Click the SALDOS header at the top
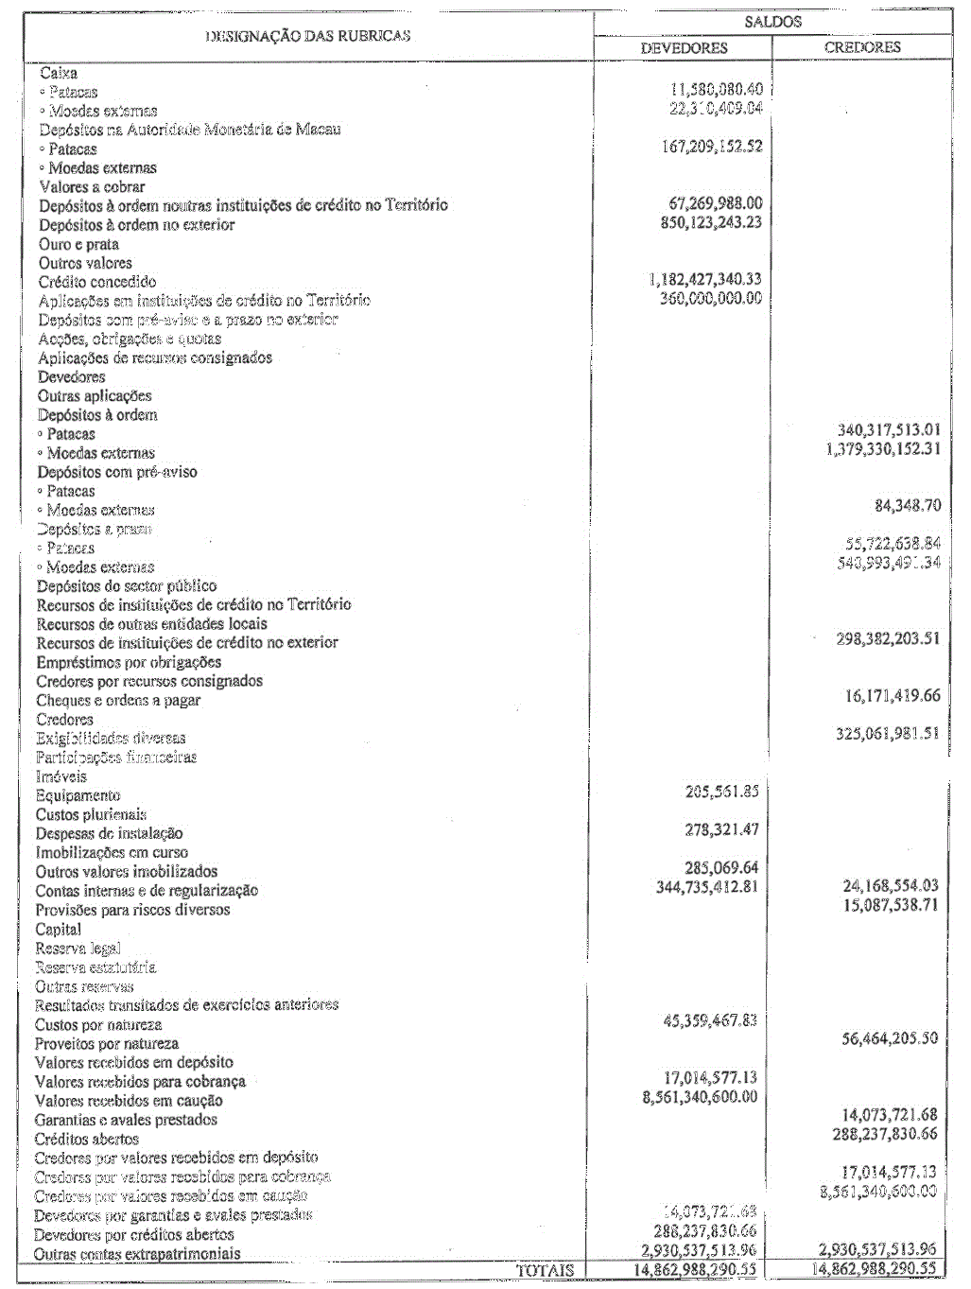pyautogui.click(x=772, y=22)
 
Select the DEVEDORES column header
pyautogui.click(x=684, y=47)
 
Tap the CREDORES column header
pyautogui.click(x=862, y=46)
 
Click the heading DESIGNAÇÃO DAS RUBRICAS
pyautogui.click(x=308, y=36)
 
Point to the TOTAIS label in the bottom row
pyautogui.click(x=545, y=1270)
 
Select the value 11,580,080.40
pyautogui.click(x=716, y=89)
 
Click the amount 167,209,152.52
pyautogui.click(x=712, y=147)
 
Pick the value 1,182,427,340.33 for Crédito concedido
pyautogui.click(x=705, y=279)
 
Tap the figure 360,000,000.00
pyautogui.click(x=711, y=298)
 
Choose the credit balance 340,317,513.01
pyautogui.click(x=889, y=430)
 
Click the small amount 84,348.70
pyautogui.click(x=908, y=506)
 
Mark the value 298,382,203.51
pyautogui.click(x=888, y=638)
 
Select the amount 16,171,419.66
pyautogui.click(x=893, y=696)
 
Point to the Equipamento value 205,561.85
pyautogui.click(x=721, y=792)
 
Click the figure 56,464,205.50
pyautogui.click(x=890, y=1038)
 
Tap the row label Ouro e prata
pyautogui.click(x=78, y=244)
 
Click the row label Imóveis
pyautogui.click(x=61, y=776)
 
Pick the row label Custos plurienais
pyautogui.click(x=91, y=814)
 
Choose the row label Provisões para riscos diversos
pyautogui.click(x=132, y=910)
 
